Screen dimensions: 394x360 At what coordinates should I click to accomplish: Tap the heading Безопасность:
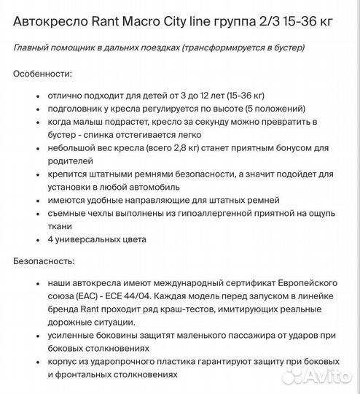[47, 260]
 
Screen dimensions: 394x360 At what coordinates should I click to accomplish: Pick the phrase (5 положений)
[272, 109]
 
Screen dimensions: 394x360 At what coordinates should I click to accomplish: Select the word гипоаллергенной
[200, 213]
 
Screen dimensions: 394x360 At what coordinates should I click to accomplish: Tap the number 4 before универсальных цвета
[50, 239]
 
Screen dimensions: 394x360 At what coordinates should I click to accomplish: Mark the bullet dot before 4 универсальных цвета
[36, 239]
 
